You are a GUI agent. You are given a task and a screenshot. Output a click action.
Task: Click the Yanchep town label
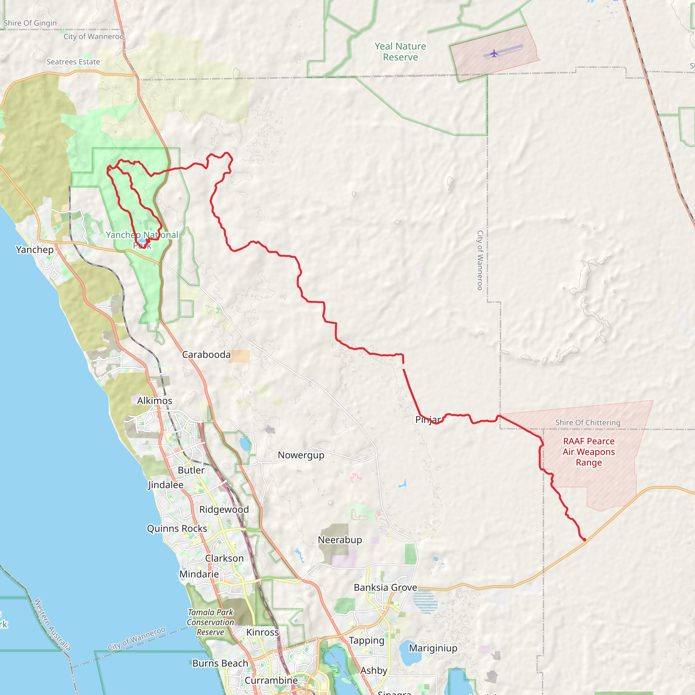pyautogui.click(x=35, y=250)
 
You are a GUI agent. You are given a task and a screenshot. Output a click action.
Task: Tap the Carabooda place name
pyautogui.click(x=206, y=355)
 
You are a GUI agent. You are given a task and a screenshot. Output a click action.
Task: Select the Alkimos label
pyautogui.click(x=155, y=401)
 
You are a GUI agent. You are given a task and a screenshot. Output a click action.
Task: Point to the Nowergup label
pyautogui.click(x=301, y=455)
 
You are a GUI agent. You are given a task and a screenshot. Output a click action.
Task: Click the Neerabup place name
pyautogui.click(x=340, y=540)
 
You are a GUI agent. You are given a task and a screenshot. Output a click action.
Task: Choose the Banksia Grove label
pyautogui.click(x=385, y=587)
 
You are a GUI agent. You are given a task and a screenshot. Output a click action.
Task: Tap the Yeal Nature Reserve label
pyautogui.click(x=400, y=52)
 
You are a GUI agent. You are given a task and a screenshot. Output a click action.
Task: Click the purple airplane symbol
pyautogui.click(x=494, y=54)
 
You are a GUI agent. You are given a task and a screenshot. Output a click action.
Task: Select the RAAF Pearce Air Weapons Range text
pyautogui.click(x=588, y=452)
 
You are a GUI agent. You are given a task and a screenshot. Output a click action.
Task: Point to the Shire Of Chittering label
pyautogui.click(x=587, y=423)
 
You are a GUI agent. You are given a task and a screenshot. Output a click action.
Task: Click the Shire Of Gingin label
pyautogui.click(x=30, y=23)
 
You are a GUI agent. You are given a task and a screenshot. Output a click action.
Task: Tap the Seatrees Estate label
pyautogui.click(x=73, y=62)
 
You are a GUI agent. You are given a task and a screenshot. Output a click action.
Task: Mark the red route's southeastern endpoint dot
pyautogui.click(x=585, y=540)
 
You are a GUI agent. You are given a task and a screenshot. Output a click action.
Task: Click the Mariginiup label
pyautogui.click(x=433, y=648)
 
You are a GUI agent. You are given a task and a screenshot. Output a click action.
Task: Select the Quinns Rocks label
pyautogui.click(x=177, y=528)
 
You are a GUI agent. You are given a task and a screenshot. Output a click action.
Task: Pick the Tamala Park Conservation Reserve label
pyautogui.click(x=210, y=622)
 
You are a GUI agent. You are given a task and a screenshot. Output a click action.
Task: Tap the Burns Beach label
pyautogui.click(x=220, y=663)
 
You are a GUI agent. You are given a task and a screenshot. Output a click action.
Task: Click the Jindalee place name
pyautogui.click(x=166, y=485)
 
